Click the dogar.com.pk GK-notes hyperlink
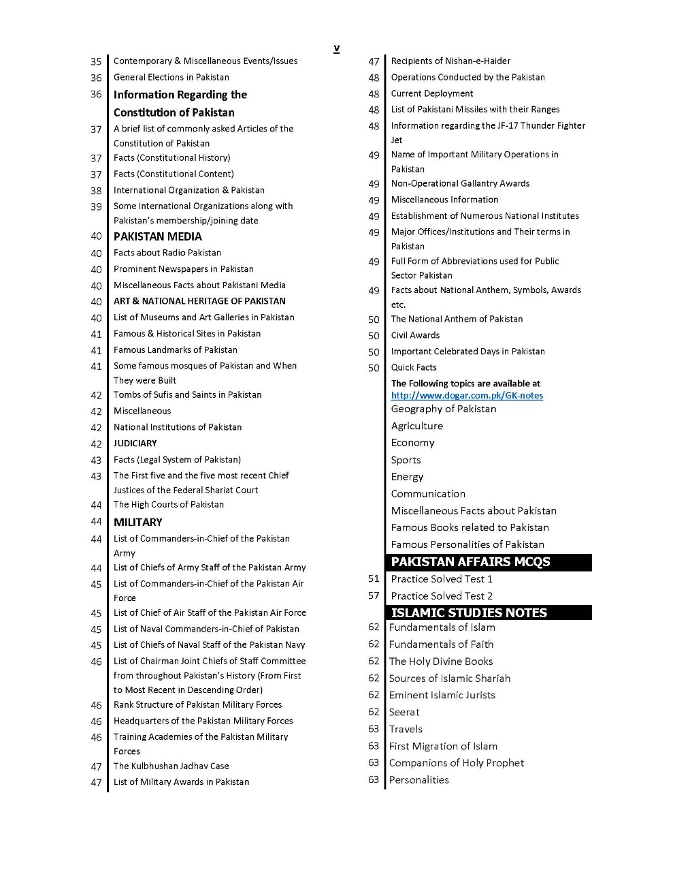[467, 396]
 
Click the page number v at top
[336, 48]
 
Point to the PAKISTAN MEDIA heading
[157, 236]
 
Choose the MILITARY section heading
[137, 522]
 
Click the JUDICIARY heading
[135, 443]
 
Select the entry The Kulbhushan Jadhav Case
[171, 766]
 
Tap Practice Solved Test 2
[442, 596]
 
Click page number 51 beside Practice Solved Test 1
[374, 579]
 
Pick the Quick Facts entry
[414, 368]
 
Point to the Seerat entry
[404, 712]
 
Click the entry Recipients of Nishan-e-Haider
[450, 61]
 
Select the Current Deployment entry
[432, 93]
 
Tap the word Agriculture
[416, 426]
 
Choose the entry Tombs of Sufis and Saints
[187, 395]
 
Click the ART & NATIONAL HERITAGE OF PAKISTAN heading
[199, 301]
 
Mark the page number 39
[96, 206]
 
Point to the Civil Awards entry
[415, 335]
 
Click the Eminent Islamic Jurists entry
[442, 695]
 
